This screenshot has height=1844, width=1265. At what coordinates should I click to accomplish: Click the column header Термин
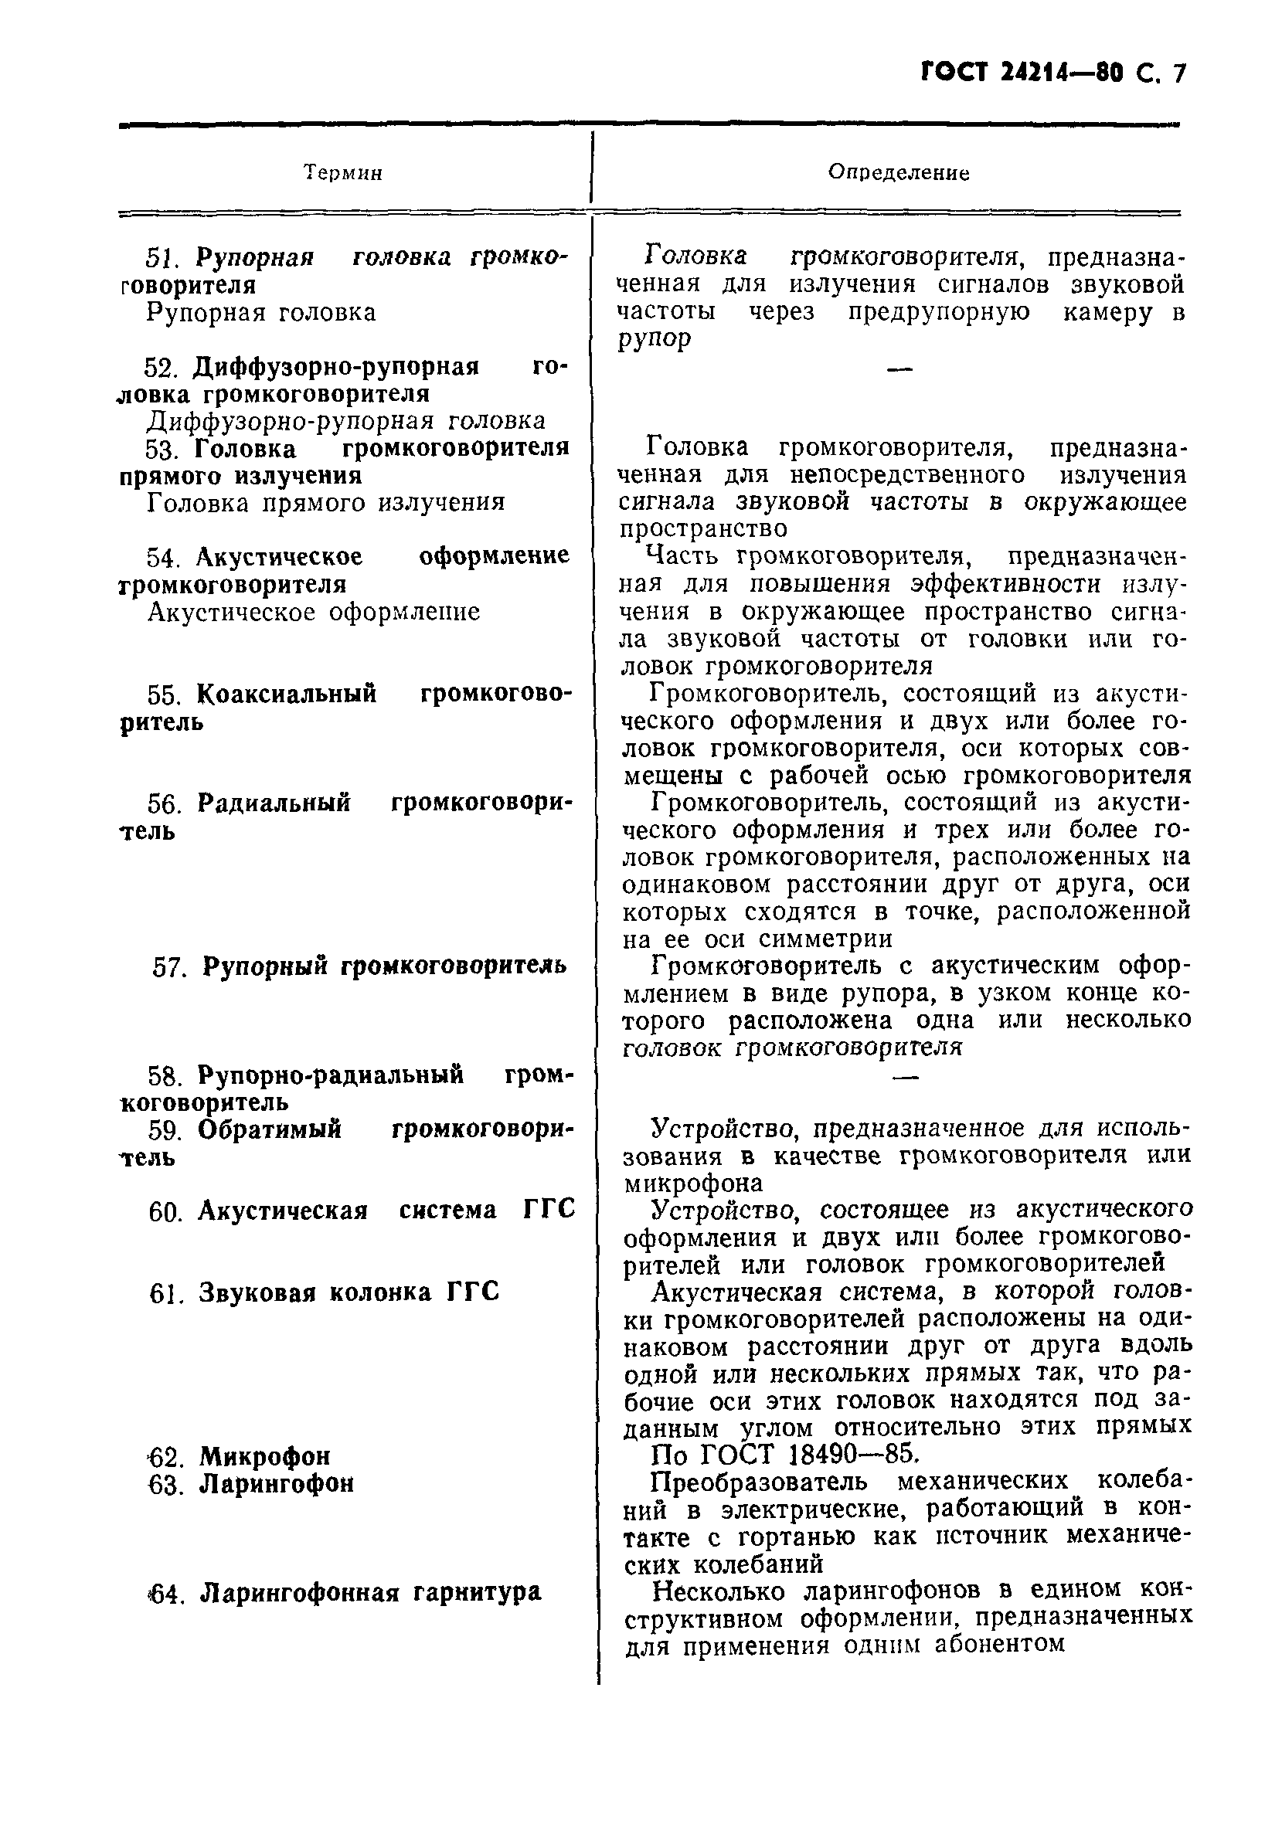pos(343,173)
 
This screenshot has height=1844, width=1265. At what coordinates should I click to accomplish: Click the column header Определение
pos(898,172)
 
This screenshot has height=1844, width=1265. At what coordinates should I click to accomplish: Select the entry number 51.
pos(164,258)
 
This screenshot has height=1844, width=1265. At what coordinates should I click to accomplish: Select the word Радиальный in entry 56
pos(274,803)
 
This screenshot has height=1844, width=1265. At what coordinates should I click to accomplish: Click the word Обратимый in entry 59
pos(269,1129)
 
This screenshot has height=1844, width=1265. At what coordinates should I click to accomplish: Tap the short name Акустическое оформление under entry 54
pos(314,612)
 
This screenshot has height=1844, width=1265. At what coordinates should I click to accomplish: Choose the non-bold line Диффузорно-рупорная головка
pos(346,420)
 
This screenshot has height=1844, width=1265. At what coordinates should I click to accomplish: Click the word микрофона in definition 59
pos(694,1183)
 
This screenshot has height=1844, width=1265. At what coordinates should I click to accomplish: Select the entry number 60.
pos(166,1211)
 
